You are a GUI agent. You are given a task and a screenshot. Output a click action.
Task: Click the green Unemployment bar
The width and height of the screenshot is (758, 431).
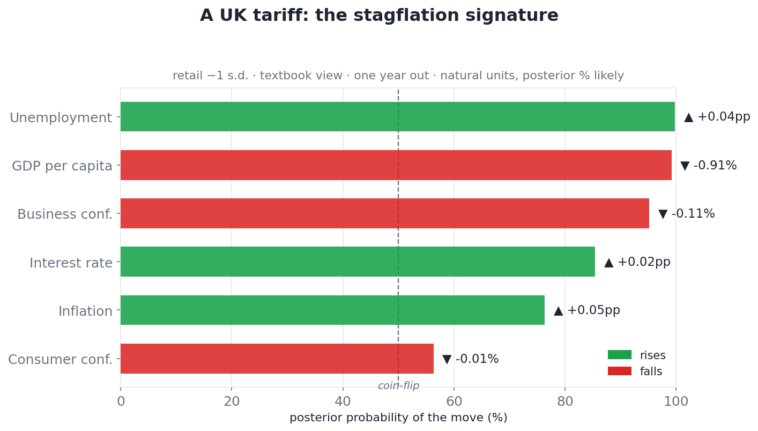coord(398,117)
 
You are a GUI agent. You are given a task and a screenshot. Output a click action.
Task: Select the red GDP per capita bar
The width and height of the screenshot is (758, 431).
coord(396,165)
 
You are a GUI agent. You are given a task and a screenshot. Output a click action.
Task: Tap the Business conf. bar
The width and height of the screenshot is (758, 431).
coord(385,213)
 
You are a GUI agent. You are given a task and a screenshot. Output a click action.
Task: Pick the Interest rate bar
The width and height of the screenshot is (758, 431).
coord(358,262)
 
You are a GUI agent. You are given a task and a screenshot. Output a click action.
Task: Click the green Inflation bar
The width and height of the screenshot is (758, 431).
coord(333,310)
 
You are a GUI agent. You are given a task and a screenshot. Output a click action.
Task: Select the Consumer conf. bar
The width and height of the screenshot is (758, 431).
coord(277,359)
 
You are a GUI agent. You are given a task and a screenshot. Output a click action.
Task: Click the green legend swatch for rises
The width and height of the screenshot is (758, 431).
coord(620,355)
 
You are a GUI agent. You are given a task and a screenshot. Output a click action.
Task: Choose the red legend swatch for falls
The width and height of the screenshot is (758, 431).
coord(620,371)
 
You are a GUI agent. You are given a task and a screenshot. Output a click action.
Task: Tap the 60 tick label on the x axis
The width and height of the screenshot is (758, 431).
coord(454,402)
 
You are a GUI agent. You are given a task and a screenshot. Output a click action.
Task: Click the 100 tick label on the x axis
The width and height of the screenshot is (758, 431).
coord(676,402)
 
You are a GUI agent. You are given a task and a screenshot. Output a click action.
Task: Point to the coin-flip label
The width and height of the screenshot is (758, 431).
coord(398,385)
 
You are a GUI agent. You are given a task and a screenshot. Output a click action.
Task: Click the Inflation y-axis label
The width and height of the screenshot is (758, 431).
coord(85,311)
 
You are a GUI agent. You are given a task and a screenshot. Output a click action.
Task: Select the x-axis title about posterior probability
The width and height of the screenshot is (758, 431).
coord(398,418)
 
